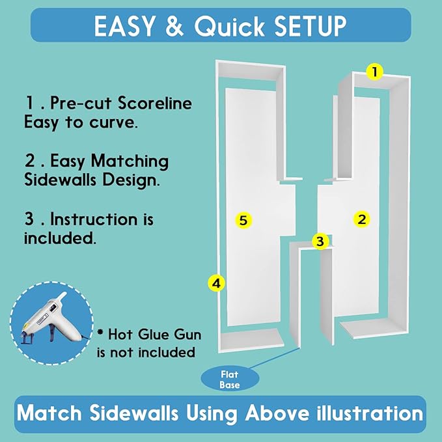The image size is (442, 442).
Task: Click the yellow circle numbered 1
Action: click(375, 72)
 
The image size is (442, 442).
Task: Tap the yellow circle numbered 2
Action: click(362, 219)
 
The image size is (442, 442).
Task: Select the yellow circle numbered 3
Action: click(320, 242)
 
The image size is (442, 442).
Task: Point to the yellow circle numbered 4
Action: click(216, 283)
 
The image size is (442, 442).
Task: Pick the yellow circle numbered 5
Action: click(243, 220)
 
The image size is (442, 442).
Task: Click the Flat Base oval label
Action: click(230, 380)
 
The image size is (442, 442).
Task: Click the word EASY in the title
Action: click(124, 26)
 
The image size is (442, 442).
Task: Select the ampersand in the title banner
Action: click(174, 26)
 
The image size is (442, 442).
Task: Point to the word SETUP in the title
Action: click(311, 26)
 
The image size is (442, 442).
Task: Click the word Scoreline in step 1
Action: click(154, 103)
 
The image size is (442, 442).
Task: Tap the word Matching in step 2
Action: click(130, 161)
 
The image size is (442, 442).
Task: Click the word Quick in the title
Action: click(229, 27)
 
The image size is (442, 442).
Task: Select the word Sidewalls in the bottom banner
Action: click(134, 413)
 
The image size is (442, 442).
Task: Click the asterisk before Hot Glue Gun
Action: click(100, 332)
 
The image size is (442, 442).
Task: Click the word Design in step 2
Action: click(131, 180)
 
